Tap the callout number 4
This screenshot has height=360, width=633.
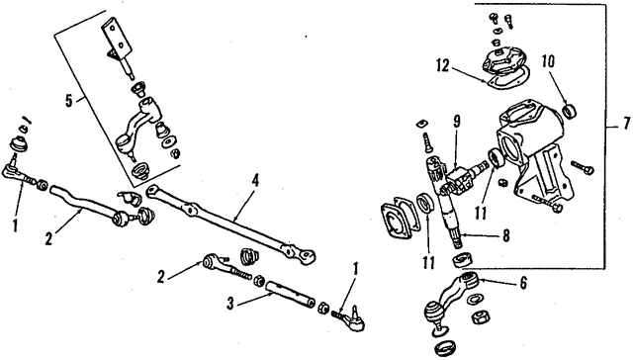[x=254, y=181]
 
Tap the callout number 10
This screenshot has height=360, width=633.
[x=549, y=61]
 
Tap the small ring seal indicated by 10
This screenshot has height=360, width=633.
[x=571, y=107]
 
